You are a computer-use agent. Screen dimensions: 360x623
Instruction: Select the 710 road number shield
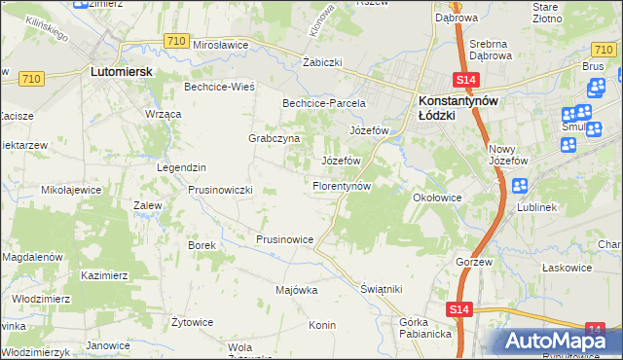[x=176, y=40]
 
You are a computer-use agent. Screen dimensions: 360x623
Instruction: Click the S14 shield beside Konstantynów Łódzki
[x=465, y=81]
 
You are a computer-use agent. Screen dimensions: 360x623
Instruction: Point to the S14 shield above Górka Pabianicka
[x=461, y=308]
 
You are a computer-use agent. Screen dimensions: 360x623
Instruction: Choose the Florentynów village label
[x=341, y=185]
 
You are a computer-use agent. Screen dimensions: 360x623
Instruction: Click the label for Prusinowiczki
[x=221, y=189]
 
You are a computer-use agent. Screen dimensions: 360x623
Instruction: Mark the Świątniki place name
[x=381, y=289]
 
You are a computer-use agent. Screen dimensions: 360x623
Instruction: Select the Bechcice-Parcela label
[x=323, y=102]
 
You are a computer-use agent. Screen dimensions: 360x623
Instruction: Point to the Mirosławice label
[x=223, y=45]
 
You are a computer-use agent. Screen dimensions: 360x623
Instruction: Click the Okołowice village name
[x=437, y=197]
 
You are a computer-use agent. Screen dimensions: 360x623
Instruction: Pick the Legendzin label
[x=181, y=166]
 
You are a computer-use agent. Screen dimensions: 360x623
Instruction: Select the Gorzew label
[x=477, y=263]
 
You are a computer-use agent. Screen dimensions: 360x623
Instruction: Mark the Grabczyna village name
[x=274, y=138]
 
